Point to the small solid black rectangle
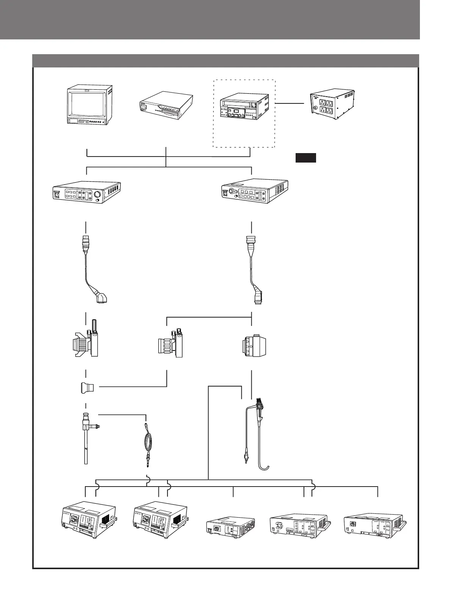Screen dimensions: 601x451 (x=305, y=158)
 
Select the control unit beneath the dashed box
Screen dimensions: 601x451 (x=254, y=192)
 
